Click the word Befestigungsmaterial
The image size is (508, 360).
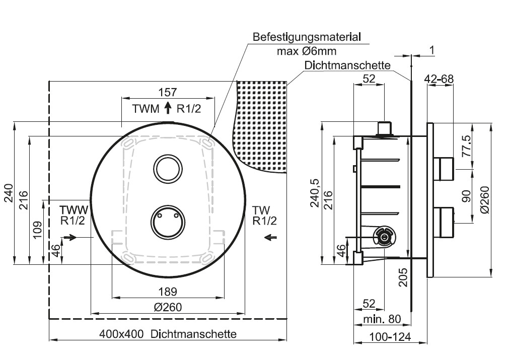[307, 37]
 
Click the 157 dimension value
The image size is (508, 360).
[168, 92]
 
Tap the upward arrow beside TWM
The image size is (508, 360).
[168, 107]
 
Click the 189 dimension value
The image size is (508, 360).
[168, 291]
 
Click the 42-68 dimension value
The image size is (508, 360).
[439, 79]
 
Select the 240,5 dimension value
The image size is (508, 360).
[315, 193]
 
